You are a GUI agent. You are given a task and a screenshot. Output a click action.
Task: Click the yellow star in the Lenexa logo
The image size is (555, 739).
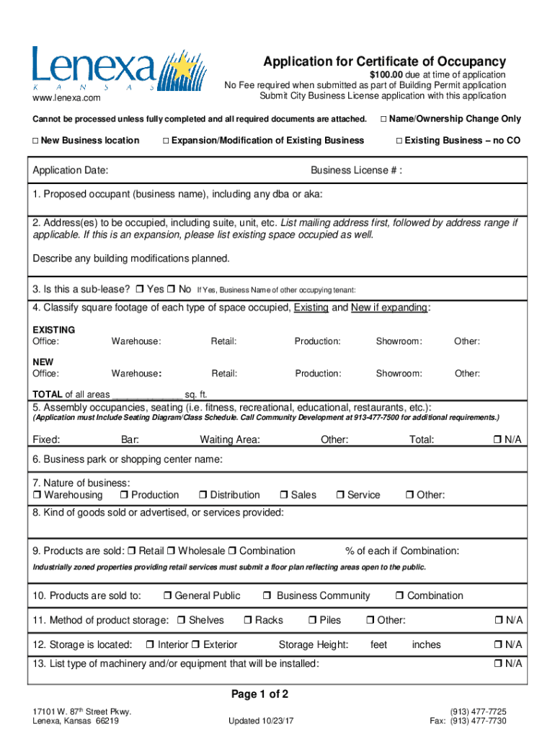(x=183, y=68)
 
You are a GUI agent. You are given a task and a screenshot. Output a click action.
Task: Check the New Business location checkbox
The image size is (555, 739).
(x=35, y=140)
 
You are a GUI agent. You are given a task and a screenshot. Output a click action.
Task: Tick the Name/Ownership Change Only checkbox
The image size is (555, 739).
(x=384, y=118)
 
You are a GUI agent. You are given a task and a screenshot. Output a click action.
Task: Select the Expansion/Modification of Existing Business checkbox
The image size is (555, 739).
(x=166, y=140)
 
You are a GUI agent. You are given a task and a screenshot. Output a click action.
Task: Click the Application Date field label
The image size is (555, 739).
(x=71, y=170)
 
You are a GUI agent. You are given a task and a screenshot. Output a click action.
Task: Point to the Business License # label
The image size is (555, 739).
(x=356, y=170)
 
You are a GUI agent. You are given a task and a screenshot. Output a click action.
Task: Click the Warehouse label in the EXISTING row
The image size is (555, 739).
(x=136, y=341)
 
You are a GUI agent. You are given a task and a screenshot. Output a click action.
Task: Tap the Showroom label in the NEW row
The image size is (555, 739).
(x=399, y=373)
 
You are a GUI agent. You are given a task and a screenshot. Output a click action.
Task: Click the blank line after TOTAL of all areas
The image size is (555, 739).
(x=148, y=395)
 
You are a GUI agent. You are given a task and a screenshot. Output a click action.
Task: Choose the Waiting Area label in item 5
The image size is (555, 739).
(x=230, y=440)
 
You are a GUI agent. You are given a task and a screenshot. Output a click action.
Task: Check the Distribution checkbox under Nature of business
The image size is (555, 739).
(x=203, y=495)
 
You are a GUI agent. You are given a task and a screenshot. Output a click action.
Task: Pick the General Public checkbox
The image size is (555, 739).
(x=167, y=596)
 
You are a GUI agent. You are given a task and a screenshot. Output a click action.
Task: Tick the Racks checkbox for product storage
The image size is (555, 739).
(x=248, y=621)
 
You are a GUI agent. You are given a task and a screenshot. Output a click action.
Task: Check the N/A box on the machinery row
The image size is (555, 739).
(x=497, y=663)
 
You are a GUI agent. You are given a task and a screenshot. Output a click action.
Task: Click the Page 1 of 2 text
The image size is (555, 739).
(x=259, y=694)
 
